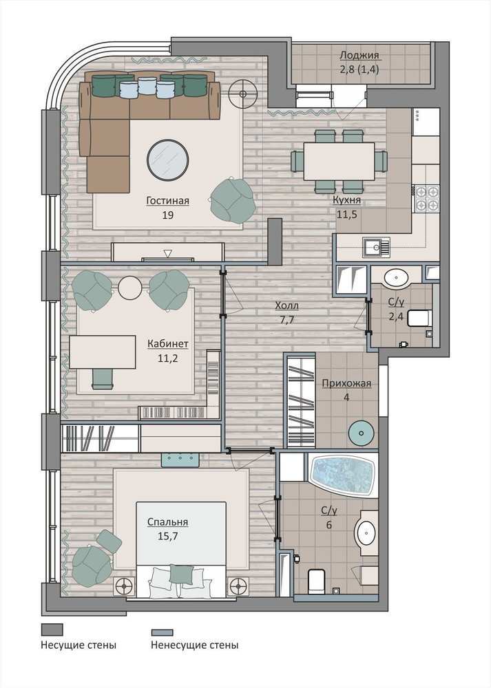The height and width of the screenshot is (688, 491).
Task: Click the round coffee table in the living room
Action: (167, 160)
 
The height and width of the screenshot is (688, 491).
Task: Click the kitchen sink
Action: (376, 247)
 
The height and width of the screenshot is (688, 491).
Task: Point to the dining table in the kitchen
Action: (339, 161)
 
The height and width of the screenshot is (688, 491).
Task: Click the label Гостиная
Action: (168, 200)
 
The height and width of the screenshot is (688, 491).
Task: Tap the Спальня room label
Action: (167, 522)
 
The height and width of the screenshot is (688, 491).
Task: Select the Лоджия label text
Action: (359, 55)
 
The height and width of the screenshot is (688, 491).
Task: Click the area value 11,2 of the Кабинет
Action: (168, 358)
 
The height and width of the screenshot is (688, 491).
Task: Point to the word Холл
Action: (286, 305)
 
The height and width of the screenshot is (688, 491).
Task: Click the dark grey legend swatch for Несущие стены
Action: (52, 630)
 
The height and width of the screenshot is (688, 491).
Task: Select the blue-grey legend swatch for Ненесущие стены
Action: (162, 632)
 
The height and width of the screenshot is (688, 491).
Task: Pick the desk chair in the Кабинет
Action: (103, 378)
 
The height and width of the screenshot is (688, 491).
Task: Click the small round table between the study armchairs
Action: (130, 288)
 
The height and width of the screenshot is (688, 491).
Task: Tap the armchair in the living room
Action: (232, 198)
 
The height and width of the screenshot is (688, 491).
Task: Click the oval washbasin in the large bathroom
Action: (366, 533)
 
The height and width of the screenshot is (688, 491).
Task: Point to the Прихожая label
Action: (346, 383)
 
